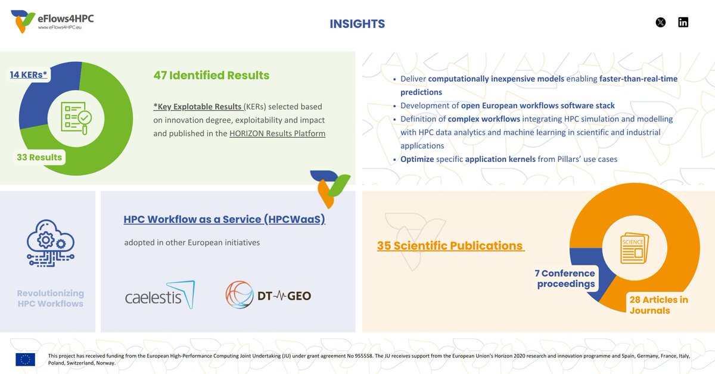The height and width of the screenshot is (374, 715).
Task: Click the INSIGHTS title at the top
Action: click(357, 24)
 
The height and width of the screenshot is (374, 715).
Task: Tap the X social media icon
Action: click(660, 23)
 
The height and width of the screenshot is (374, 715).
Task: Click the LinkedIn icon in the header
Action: click(683, 23)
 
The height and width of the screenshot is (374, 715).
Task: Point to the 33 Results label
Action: click(39, 157)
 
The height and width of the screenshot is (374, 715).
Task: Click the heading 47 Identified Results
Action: click(211, 76)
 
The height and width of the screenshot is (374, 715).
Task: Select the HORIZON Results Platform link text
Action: click(277, 133)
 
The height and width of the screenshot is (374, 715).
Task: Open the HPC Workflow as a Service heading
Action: click(224, 219)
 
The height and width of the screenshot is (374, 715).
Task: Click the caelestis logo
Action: click(159, 295)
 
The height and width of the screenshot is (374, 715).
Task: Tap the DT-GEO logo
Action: click(268, 295)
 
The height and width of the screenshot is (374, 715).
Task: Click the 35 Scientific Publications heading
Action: click(450, 245)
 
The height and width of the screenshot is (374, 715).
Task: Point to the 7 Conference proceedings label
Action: click(565, 278)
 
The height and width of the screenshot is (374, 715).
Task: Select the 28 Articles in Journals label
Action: click(658, 305)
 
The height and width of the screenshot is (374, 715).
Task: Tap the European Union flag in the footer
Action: click(26, 359)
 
